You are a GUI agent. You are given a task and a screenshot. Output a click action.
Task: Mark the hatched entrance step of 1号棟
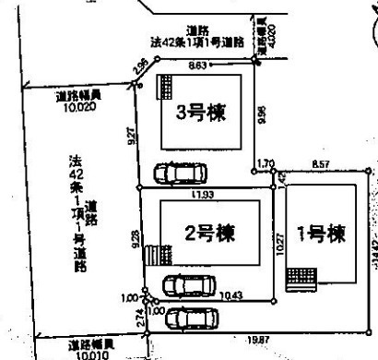tap(301, 277)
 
